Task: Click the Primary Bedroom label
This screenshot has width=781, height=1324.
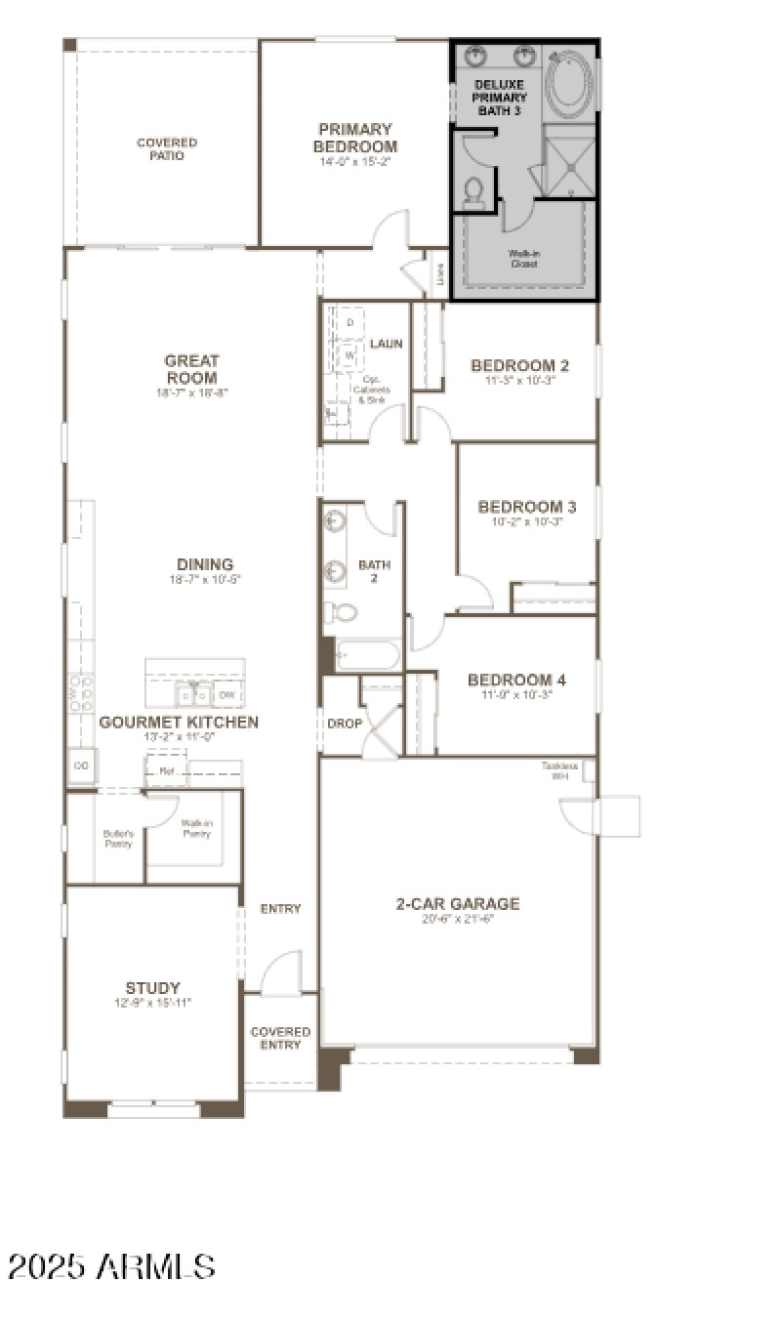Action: click(x=355, y=138)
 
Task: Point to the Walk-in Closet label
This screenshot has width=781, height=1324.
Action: click(x=523, y=258)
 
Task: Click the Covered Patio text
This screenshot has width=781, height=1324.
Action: click(x=166, y=148)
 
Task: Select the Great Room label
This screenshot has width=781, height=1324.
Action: click(x=191, y=369)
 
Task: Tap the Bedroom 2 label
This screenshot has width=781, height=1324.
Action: click(x=519, y=365)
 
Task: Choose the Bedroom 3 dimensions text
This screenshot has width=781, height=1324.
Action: click(x=527, y=521)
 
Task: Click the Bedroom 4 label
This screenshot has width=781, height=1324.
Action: click(x=516, y=680)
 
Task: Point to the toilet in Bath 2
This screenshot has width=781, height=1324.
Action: click(x=341, y=612)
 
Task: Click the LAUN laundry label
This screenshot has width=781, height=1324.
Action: click(x=387, y=344)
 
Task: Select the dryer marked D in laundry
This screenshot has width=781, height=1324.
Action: click(x=349, y=322)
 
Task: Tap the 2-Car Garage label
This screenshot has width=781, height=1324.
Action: click(x=457, y=904)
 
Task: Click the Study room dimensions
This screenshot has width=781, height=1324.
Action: click(x=152, y=1003)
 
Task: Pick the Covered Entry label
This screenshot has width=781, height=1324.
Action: click(x=280, y=1038)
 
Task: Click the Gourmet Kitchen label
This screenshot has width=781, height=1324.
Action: click(x=179, y=723)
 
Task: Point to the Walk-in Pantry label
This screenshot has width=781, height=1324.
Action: click(x=196, y=828)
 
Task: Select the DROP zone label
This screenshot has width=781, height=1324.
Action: click(x=345, y=724)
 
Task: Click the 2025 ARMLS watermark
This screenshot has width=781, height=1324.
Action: click(x=111, y=1266)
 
